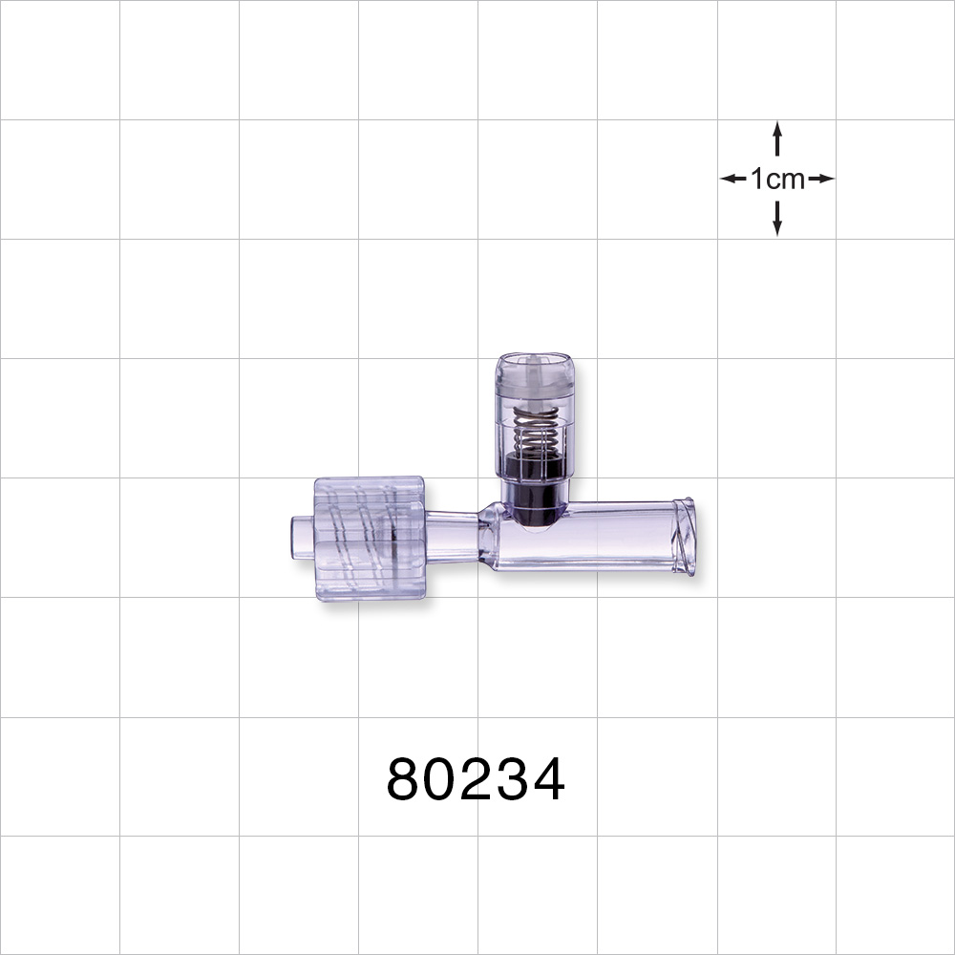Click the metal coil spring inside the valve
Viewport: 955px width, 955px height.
click(535, 429)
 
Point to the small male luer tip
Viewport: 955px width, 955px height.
click(303, 537)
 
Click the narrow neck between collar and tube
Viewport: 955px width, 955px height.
click(451, 537)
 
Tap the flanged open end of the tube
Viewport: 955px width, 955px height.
click(684, 537)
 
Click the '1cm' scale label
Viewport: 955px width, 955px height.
click(776, 179)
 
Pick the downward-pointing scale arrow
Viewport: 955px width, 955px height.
click(777, 221)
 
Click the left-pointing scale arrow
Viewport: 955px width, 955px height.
click(732, 179)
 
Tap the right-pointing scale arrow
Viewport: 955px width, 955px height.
click(821, 179)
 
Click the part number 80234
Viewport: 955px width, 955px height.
click(476, 780)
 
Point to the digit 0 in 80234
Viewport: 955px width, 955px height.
click(441, 780)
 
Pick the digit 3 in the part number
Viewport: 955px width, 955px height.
click(512, 780)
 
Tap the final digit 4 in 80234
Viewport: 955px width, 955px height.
click(547, 780)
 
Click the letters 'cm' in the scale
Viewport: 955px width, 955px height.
click(785, 180)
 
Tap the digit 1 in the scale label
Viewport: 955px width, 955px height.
click(757, 179)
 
